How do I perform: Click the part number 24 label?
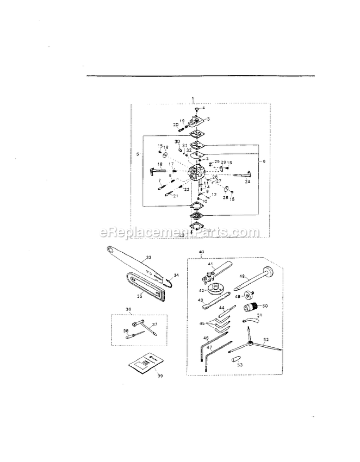point(247,182)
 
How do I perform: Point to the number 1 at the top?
point(193,98)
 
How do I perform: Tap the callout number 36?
point(128,309)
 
